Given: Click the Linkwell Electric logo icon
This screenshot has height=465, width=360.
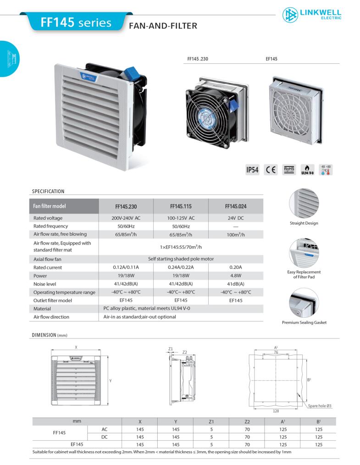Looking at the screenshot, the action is (290, 15).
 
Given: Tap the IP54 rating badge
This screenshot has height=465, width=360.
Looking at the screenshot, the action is (252, 170).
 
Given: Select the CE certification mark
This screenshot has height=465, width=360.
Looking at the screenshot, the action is (271, 170).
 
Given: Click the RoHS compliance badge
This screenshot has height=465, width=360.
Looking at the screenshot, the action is (289, 170).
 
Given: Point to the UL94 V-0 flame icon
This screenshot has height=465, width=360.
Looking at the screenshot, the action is (307, 170).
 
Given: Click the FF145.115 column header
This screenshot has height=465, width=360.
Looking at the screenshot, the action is (181, 206).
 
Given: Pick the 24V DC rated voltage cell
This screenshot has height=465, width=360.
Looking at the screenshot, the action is (236, 218).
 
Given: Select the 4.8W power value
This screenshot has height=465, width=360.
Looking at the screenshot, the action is (236, 276).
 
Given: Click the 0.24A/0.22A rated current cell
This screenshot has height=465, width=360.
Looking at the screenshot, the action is (181, 267).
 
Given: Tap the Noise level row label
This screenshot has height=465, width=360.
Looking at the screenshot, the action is (45, 284).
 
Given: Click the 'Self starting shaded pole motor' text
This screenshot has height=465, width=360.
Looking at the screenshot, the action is (181, 259).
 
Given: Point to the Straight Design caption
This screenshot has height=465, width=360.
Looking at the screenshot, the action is (304, 223).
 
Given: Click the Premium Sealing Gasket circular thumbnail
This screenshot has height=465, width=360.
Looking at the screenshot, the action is (304, 303).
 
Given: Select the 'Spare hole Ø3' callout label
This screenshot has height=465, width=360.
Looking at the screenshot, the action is (320, 406).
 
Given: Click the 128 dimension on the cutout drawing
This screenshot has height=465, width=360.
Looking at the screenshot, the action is (276, 411).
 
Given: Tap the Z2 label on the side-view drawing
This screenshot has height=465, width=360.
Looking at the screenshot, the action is (185, 352).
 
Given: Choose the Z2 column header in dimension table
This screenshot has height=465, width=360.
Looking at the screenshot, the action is (247, 421).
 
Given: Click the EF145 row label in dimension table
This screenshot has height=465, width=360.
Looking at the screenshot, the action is (77, 444).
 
